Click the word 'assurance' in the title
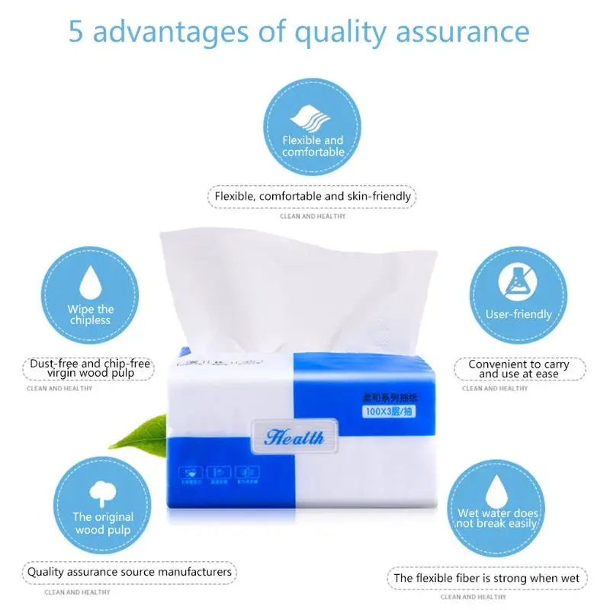tap(464, 32)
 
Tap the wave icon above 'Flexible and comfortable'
tap(313, 118)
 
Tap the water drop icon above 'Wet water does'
tap(497, 488)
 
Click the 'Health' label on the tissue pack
tap(294, 437)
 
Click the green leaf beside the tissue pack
tap(140, 433)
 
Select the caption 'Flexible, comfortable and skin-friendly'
tap(313, 196)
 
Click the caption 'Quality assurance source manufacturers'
tap(129, 572)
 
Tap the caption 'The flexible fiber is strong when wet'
tap(486, 578)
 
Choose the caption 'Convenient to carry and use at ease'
tap(518, 369)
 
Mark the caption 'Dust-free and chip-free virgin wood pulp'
tap(90, 368)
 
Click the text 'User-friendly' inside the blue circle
tap(518, 314)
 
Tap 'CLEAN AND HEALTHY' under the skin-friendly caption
tap(313, 217)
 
